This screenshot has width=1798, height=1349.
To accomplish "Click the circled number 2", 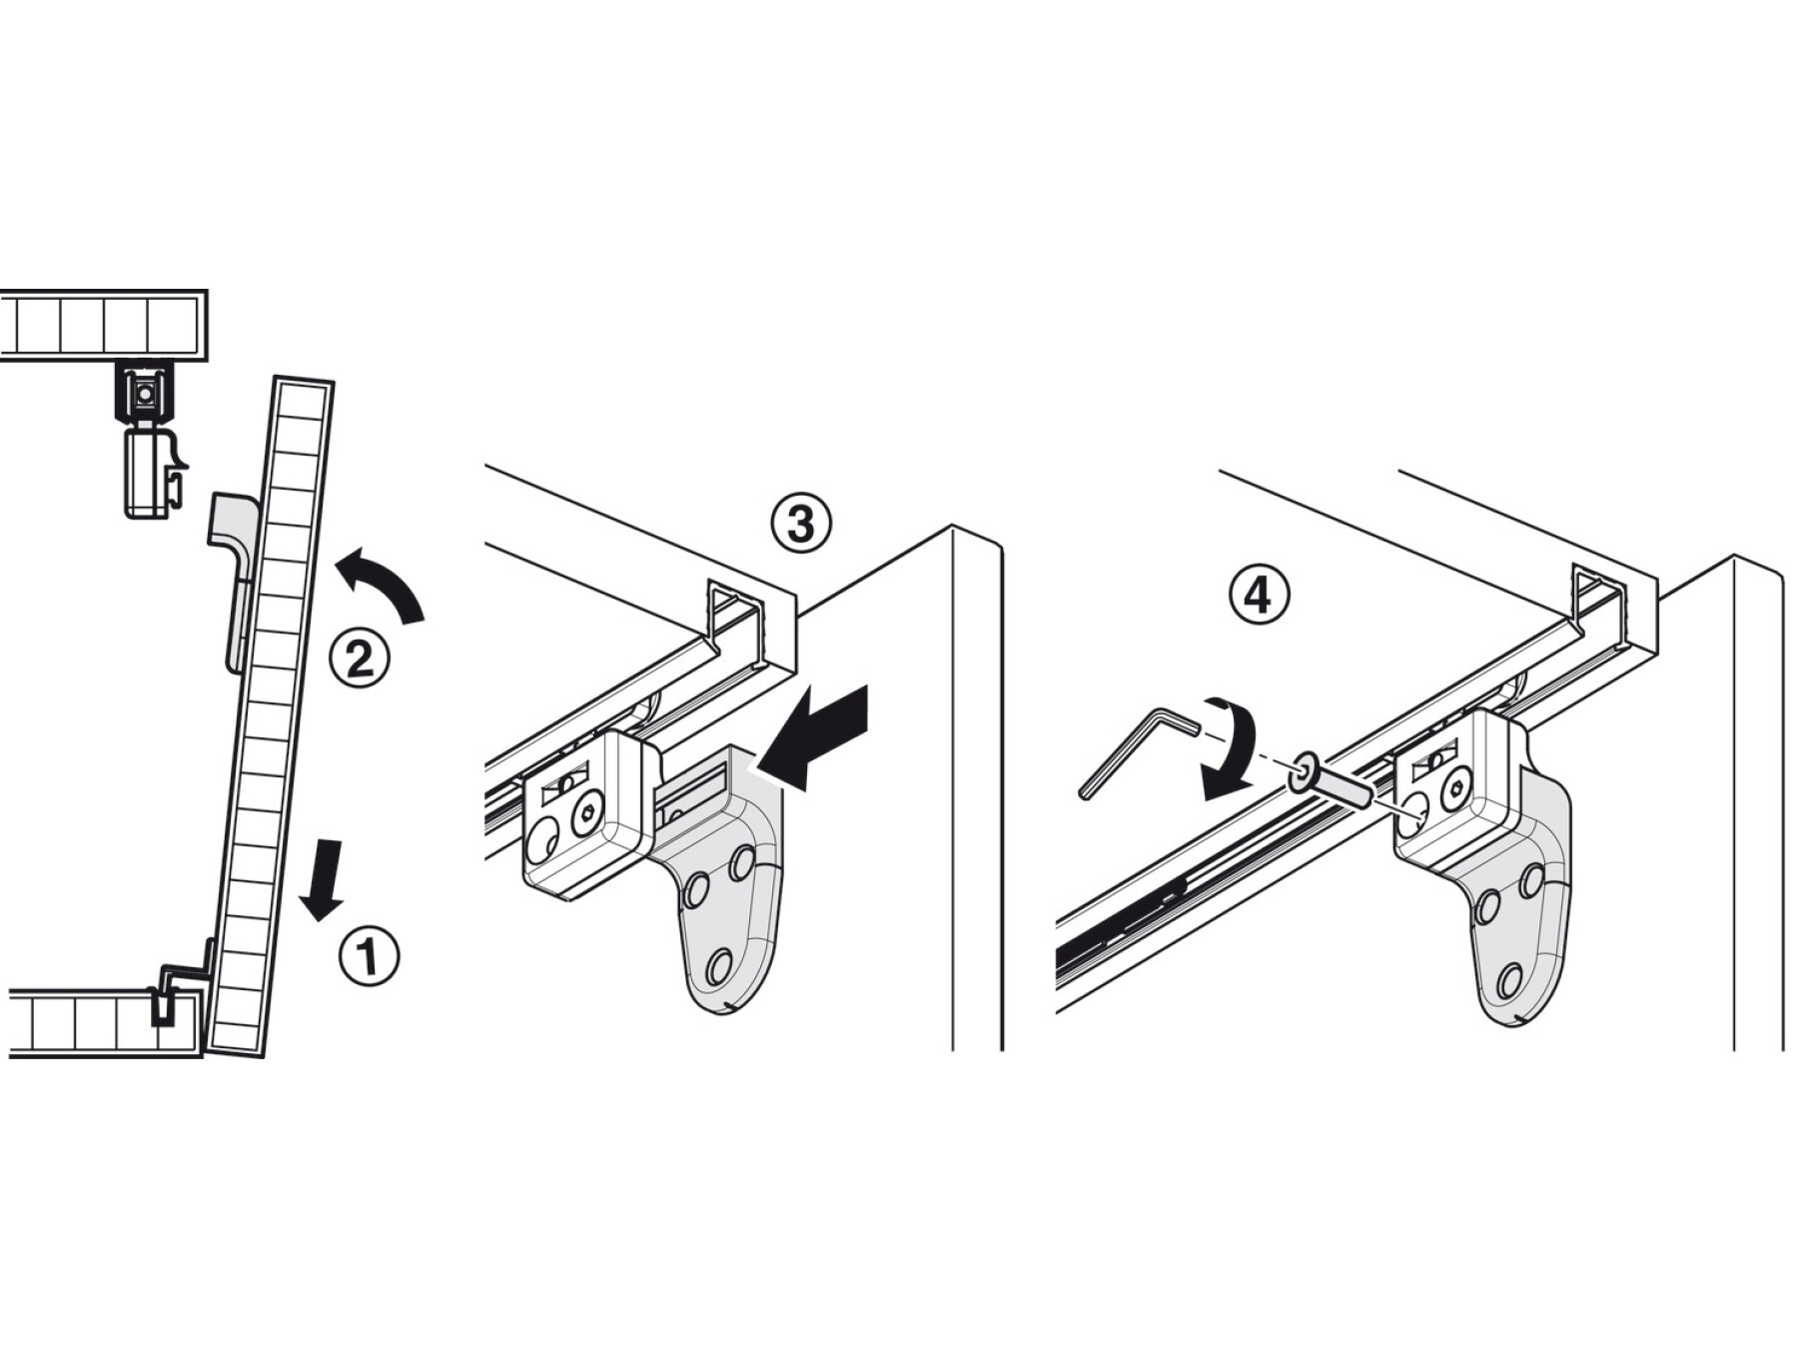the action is click(x=360, y=658).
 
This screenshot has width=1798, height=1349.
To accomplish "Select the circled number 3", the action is click(x=801, y=524).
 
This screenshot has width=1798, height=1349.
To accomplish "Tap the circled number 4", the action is click(x=1258, y=596).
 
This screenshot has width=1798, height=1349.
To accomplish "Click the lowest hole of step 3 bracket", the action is click(x=718, y=967).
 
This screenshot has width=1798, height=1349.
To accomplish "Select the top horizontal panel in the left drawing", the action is click(x=104, y=326).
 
